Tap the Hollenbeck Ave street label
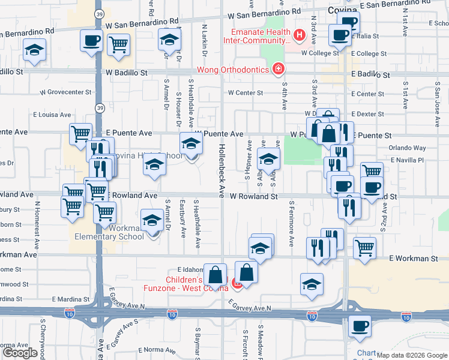click(221, 171)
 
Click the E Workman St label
click(414, 259)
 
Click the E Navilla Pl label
click(407, 160)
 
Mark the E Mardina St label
click(70, 298)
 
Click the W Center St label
click(246, 93)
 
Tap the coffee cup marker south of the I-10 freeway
click(360, 326)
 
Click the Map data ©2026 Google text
click(411, 355)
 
